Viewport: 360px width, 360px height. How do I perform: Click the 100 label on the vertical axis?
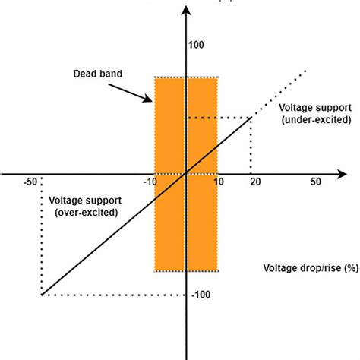(196, 45)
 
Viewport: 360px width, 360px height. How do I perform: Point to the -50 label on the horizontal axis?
(31, 183)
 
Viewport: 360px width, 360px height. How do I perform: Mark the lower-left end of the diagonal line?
(42, 295)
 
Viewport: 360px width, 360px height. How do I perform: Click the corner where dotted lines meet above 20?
(252, 118)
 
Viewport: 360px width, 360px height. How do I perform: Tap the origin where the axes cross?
(186, 174)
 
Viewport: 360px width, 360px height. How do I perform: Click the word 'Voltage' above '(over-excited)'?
(67, 201)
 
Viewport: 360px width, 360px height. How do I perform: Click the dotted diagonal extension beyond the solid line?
(281, 93)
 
